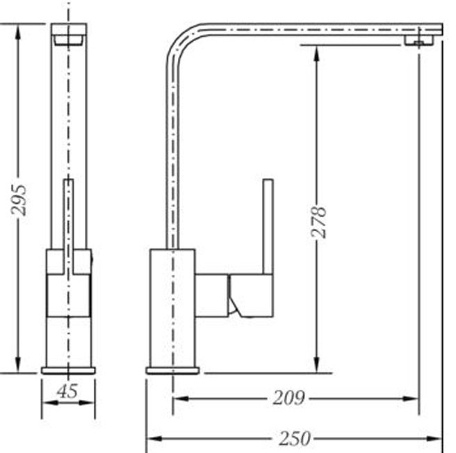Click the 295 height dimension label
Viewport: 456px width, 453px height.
19,200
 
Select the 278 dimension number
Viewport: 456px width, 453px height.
319,222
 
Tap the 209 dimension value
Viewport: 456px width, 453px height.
288,398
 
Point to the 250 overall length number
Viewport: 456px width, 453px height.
294,438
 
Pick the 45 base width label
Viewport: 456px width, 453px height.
67,391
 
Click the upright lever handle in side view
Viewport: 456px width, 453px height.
268,227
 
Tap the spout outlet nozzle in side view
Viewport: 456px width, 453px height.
418,40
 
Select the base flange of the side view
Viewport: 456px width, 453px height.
172,371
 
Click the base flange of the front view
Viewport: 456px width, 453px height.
68,371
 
